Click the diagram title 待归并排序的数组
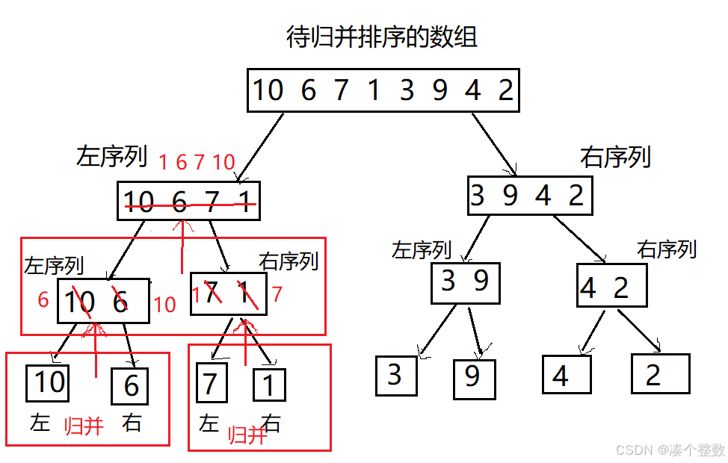click(382, 37)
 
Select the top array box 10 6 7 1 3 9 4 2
click(383, 90)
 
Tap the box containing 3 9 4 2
click(529, 196)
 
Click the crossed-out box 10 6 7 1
click(188, 201)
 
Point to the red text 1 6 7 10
click(197, 162)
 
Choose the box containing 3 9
click(465, 282)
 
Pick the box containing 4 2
click(611, 286)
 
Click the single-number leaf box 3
click(395, 375)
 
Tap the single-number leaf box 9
click(474, 379)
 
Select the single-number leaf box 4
click(566, 375)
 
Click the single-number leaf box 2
click(659, 373)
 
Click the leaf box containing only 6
click(130, 386)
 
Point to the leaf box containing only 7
click(210, 384)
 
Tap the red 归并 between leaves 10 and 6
click(84, 426)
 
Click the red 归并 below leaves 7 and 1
click(247, 435)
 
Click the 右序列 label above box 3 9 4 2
click(615, 157)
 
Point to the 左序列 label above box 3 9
click(422, 250)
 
